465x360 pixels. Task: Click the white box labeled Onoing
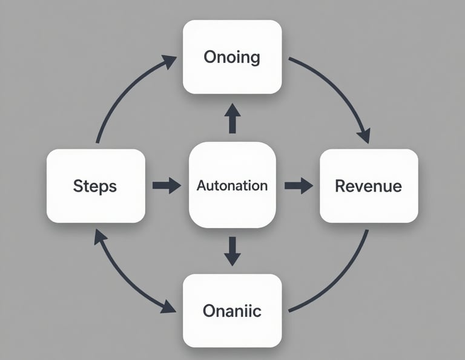(232, 57)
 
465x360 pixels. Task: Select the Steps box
(96, 186)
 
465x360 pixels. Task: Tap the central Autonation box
(232, 185)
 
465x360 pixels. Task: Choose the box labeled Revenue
(368, 186)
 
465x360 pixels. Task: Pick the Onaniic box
(232, 311)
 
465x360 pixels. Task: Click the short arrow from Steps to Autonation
(167, 185)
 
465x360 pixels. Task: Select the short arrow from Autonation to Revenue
(298, 185)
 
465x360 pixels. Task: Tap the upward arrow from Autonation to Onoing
(232, 119)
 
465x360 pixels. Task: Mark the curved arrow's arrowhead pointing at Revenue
(364, 136)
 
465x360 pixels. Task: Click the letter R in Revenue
(340, 186)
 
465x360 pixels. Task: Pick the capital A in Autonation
(202, 185)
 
